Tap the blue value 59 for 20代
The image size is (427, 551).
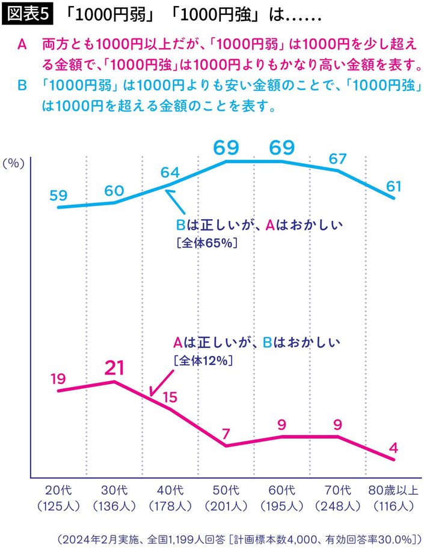click(x=59, y=195)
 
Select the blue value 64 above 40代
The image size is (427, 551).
click(x=170, y=172)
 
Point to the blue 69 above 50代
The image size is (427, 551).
click(x=226, y=147)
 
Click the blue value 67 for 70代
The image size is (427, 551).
click(x=337, y=158)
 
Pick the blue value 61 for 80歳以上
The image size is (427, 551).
click(x=393, y=186)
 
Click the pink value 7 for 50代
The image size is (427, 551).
click(x=226, y=433)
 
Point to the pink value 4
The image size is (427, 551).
click(x=393, y=448)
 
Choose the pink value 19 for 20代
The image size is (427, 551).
click(x=58, y=379)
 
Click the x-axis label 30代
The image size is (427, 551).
click(x=114, y=491)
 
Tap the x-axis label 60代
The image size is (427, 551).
click(x=281, y=491)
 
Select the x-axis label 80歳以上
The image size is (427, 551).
click(x=393, y=491)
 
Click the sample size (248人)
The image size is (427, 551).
click(x=337, y=505)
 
